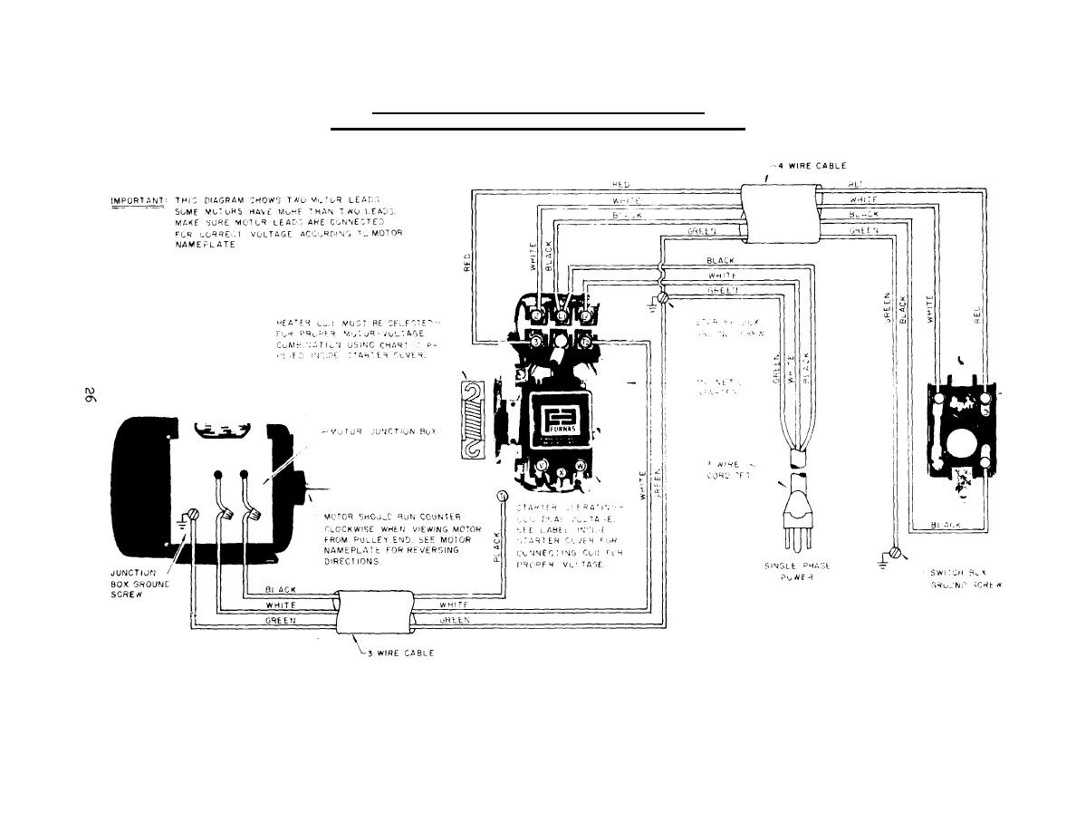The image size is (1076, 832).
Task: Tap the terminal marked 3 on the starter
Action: [x=535, y=343]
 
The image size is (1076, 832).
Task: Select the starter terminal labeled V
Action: [x=542, y=465]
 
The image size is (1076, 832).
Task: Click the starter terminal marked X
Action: [x=562, y=472]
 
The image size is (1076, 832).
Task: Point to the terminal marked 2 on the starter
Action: [x=585, y=343]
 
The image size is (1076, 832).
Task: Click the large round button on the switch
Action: [x=959, y=446]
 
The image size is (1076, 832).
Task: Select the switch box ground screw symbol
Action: [x=896, y=552]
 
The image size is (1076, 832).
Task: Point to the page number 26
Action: [x=89, y=395]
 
